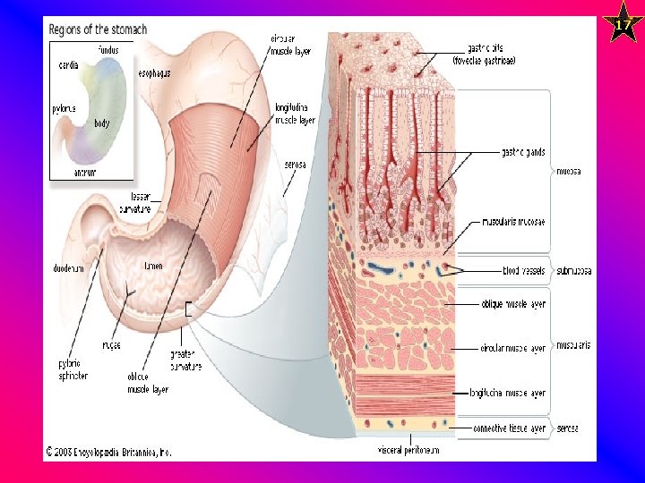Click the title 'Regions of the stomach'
tap(96, 29)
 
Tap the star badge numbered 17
tap(621, 24)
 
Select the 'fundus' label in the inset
tap(107, 50)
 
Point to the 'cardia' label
tap(68, 65)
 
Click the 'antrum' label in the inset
tap(85, 171)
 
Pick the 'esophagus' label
tap(155, 72)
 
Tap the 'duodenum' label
tap(68, 267)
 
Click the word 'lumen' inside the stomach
tap(153, 266)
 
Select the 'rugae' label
tap(112, 344)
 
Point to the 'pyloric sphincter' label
tap(73, 370)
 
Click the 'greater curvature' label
tap(185, 360)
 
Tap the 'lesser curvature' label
tap(141, 201)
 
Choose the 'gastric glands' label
tap(524, 152)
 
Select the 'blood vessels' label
tap(522, 270)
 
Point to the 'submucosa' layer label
tap(574, 270)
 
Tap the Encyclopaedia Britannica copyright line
tap(107, 453)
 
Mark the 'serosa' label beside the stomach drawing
tap(295, 165)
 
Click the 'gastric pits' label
tap(491, 55)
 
